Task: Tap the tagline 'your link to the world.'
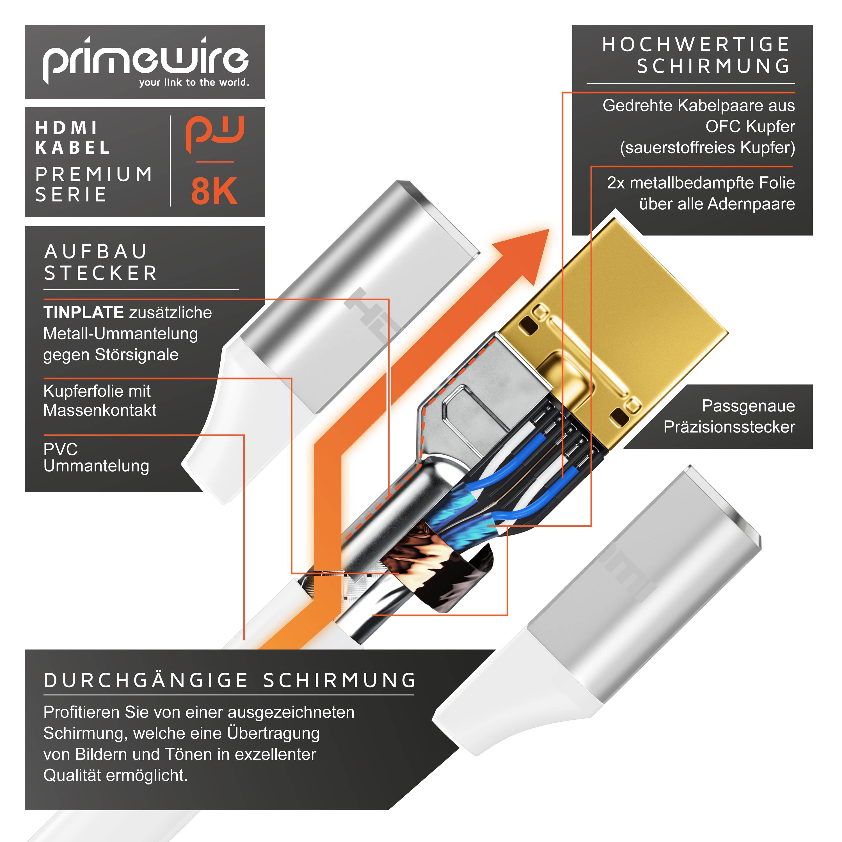click(x=194, y=82)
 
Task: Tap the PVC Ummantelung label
click(x=96, y=457)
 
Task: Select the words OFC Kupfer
click(x=750, y=126)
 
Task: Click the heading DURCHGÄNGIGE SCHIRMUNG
click(x=230, y=681)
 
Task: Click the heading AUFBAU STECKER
click(x=100, y=262)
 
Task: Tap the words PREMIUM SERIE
click(x=94, y=184)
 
